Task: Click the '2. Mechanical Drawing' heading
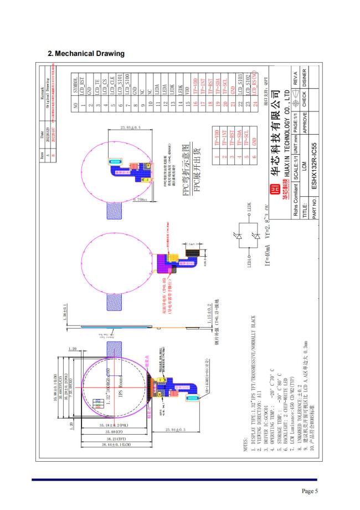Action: click(86, 54)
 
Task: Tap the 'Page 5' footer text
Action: click(309, 491)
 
